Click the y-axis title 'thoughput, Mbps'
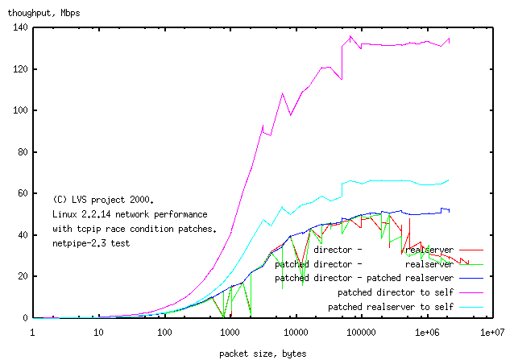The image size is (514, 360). click(40, 13)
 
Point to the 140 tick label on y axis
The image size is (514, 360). click(19, 27)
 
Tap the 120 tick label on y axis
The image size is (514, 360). click(19, 69)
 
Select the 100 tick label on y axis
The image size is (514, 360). click(19, 110)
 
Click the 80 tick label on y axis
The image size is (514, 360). click(22, 152)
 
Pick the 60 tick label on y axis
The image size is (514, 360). click(22, 193)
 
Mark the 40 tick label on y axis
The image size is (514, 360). click(22, 235)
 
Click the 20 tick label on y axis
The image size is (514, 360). click(22, 276)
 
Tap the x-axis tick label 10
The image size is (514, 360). click(98, 332)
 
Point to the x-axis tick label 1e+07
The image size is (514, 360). click(492, 332)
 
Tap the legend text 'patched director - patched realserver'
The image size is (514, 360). click(358, 278)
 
